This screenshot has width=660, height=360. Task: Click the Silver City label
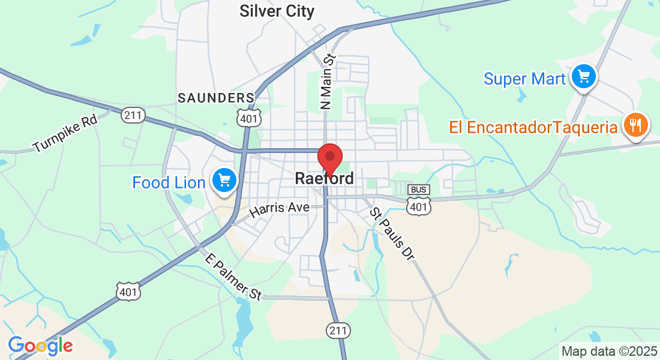(x=277, y=11)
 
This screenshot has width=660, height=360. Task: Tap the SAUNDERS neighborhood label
(x=216, y=97)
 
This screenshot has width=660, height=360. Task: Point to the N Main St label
(x=327, y=82)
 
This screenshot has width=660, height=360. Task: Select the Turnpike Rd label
(x=65, y=133)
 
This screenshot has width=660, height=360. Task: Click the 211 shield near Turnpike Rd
(x=133, y=115)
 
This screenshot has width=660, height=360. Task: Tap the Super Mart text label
(x=524, y=79)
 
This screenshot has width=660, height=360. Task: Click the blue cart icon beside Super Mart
(x=583, y=76)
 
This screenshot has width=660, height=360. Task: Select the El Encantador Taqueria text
(x=533, y=127)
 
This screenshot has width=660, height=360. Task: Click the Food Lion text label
(x=169, y=182)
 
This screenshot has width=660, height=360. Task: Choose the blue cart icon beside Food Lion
(x=224, y=179)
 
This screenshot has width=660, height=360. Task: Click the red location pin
(x=329, y=158)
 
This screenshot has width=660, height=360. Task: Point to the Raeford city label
(x=324, y=179)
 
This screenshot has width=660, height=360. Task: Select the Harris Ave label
(x=280, y=209)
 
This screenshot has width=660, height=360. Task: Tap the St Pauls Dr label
(x=392, y=234)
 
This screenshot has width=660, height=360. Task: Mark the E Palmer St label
(x=233, y=277)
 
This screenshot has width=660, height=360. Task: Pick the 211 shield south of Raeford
(x=338, y=330)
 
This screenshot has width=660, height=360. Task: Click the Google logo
(x=40, y=345)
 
